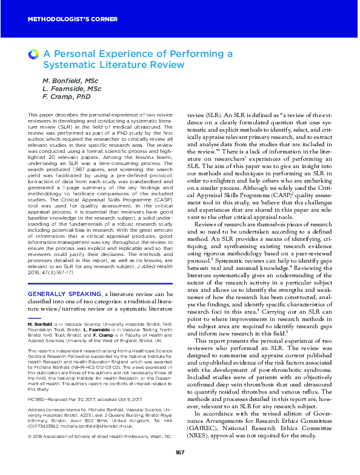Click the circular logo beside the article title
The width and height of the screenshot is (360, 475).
(33, 55)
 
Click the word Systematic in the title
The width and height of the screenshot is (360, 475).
(68, 64)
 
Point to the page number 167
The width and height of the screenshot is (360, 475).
(179, 453)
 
